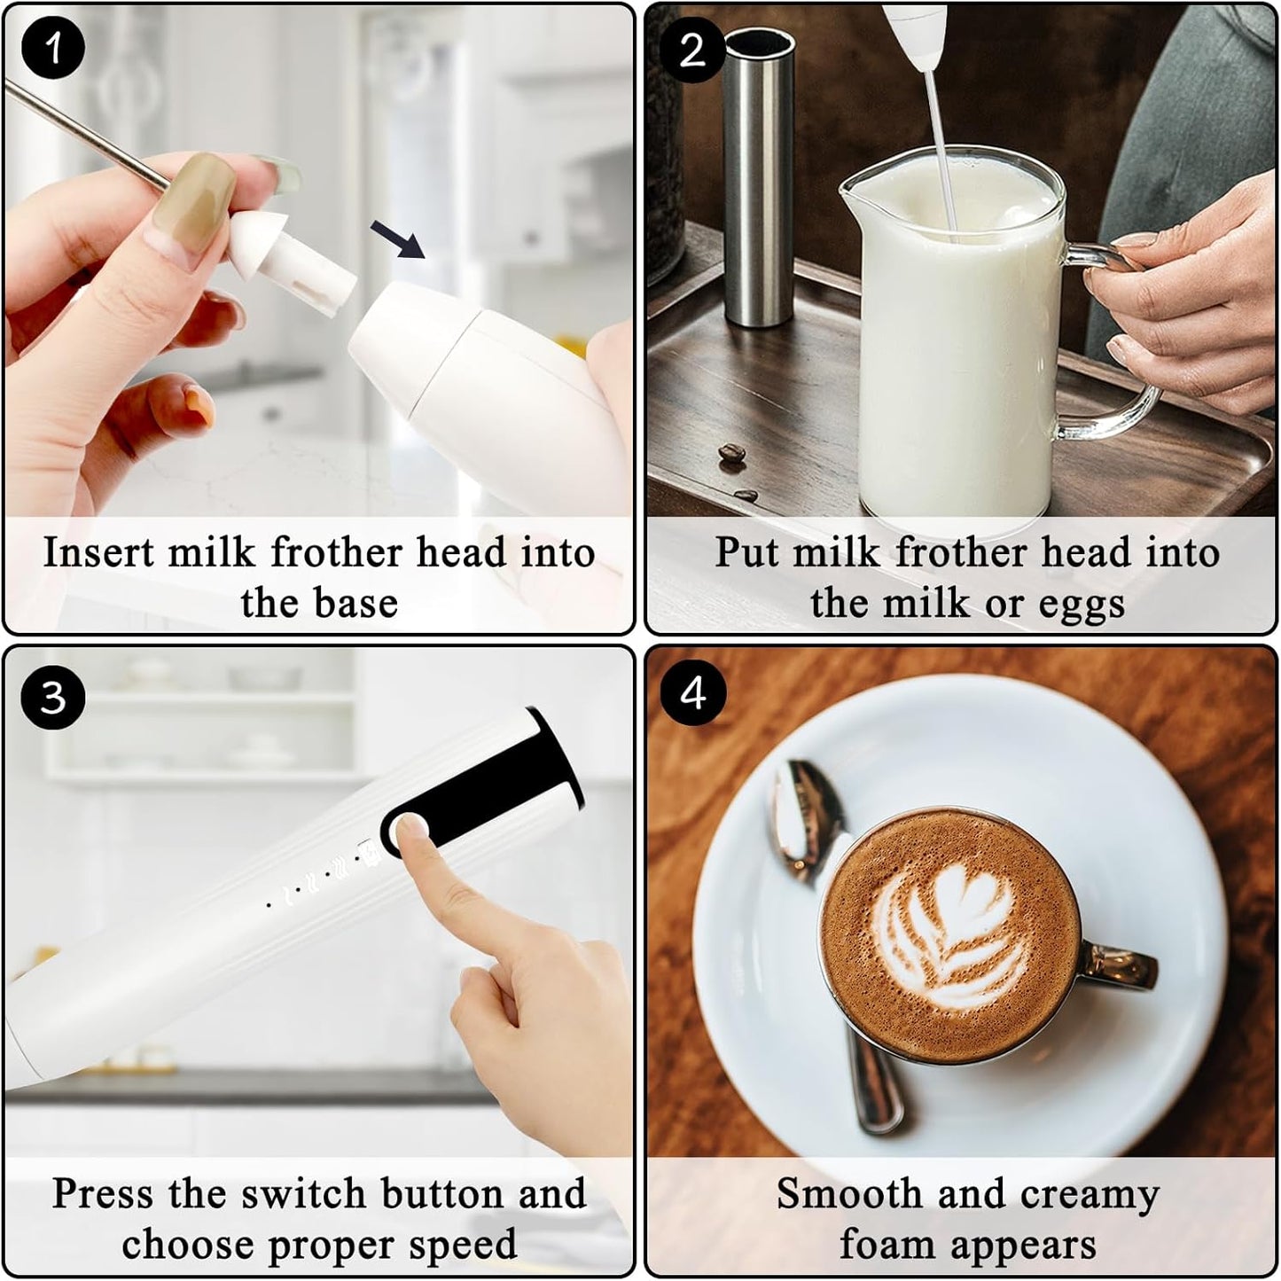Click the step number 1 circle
[53, 49]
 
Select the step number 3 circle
[53, 697]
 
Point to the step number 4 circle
[693, 692]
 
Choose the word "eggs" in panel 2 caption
[1081, 604]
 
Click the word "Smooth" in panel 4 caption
[849, 1194]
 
